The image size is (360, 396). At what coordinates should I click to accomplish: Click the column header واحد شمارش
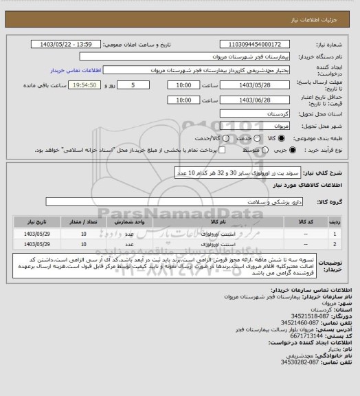[x=140, y=223]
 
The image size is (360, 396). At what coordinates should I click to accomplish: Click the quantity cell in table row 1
[x=84, y=234]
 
